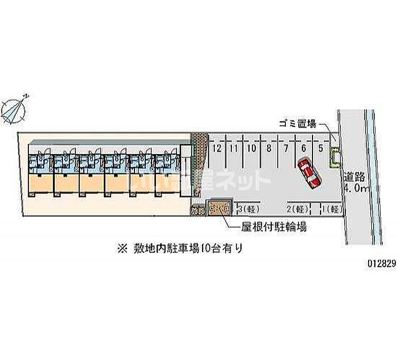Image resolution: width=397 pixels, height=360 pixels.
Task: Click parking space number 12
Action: coord(217,149)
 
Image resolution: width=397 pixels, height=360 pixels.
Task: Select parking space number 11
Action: coord(233,149)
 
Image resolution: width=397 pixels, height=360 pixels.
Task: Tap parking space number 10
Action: coord(251,149)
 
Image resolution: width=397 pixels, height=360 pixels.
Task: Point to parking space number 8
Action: coord(268,149)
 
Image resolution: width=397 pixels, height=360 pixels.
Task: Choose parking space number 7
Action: coord(286,149)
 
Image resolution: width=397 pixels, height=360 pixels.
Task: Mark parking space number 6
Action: coord(304,149)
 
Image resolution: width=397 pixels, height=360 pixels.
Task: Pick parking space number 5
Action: coord(321,149)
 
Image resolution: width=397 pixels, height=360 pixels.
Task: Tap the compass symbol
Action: coord(15,108)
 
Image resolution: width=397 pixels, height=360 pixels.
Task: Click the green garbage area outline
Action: coord(334,157)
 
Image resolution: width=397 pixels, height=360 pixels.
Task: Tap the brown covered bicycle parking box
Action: coord(219,209)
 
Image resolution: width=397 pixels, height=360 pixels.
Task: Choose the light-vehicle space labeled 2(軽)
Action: coord(298,209)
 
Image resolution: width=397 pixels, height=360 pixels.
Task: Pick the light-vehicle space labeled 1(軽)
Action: coord(331,209)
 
